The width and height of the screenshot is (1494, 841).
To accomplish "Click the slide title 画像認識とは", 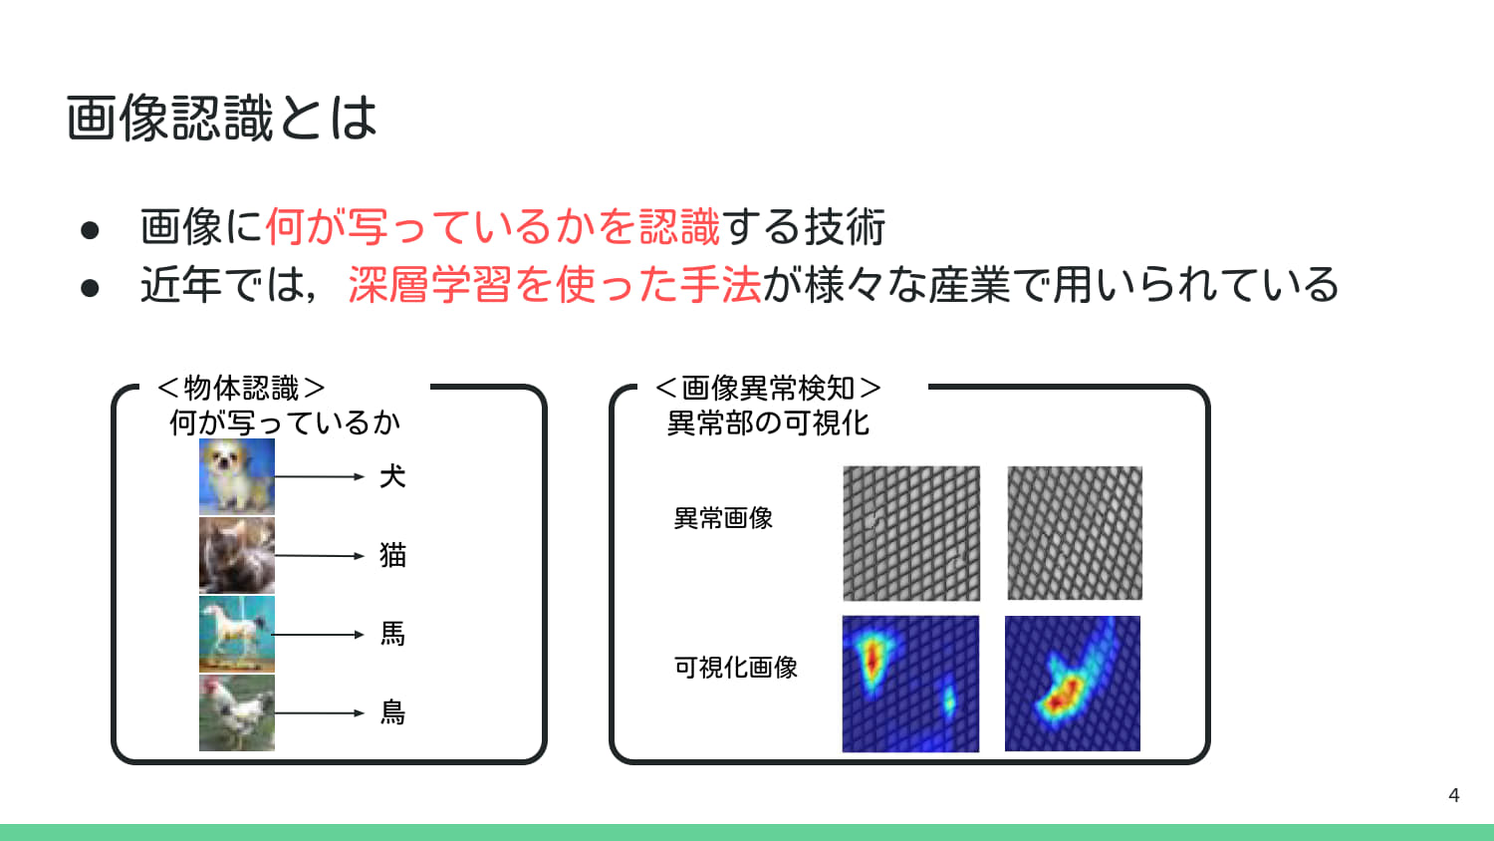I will tap(221, 118).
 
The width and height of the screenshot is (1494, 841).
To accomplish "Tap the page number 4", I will tap(1453, 795).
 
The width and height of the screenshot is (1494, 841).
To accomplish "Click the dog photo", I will tap(237, 476).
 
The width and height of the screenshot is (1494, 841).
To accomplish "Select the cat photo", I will tap(237, 555).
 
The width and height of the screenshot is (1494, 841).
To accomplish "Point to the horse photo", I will tap(237, 634).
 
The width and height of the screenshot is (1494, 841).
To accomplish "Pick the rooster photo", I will tap(237, 712).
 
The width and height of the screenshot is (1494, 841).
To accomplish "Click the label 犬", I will tap(392, 476).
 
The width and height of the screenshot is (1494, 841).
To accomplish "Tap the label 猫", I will tap(392, 555).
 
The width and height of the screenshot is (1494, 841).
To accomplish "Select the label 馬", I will tap(392, 634).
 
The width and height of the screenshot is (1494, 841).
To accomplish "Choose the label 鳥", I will tap(392, 712).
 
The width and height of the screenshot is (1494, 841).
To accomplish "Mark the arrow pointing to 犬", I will tap(320, 477).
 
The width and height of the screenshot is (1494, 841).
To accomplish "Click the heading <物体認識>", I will tap(241, 388).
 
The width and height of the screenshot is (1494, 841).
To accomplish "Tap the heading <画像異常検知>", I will tap(768, 388).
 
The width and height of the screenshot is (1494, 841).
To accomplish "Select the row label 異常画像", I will tap(723, 518).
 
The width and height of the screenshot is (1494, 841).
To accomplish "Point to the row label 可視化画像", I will tap(736, 668).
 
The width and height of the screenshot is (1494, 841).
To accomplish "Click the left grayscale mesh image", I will tap(911, 533).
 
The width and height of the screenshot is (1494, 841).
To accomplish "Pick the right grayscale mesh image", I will tap(1075, 533).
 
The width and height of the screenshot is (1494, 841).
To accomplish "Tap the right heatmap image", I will tap(1073, 684).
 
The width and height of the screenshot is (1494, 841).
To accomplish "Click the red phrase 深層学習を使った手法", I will tap(555, 285).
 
